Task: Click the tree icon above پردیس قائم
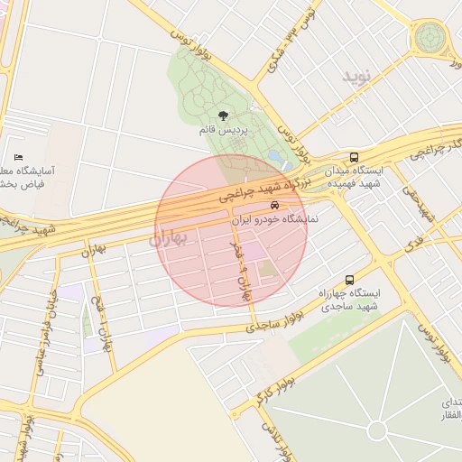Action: (x=223, y=115)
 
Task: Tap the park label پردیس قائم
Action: (x=221, y=131)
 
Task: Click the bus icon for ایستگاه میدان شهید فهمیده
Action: (x=355, y=156)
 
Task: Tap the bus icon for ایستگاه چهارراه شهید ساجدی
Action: (x=349, y=280)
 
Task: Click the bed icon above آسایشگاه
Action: (x=19, y=158)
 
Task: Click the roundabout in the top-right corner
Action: (x=430, y=38)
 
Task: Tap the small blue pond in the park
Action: (x=273, y=156)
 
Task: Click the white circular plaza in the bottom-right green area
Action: (x=376, y=430)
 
